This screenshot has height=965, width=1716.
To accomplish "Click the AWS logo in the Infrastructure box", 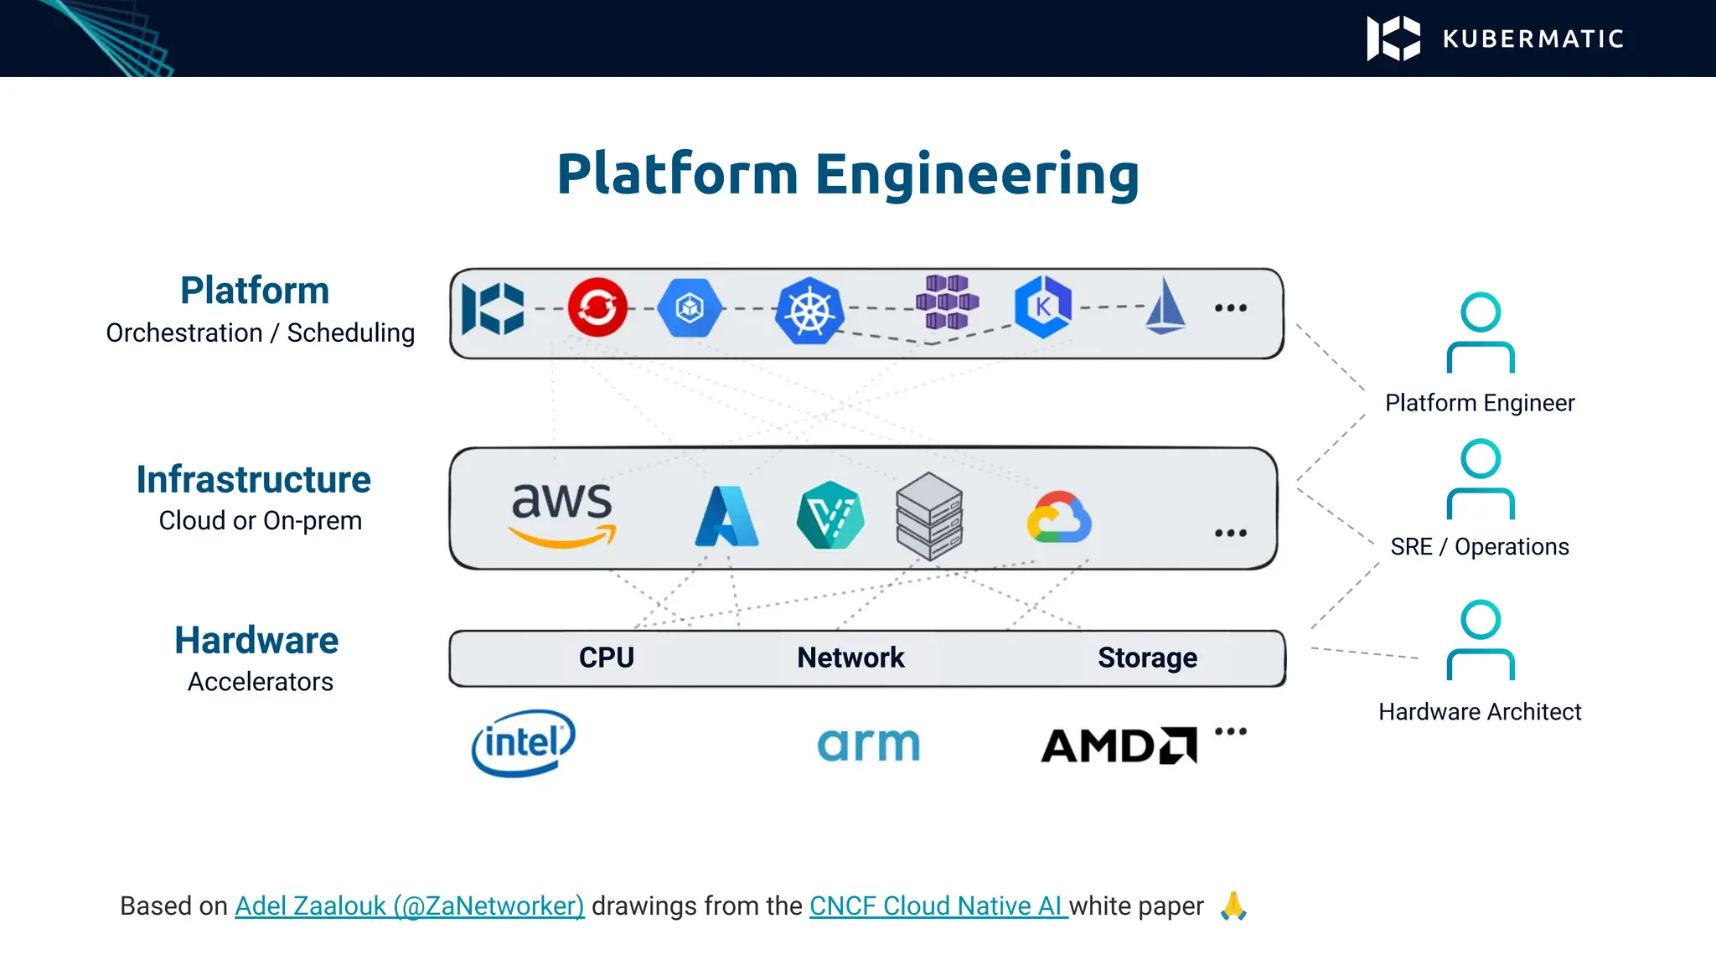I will [x=561, y=513].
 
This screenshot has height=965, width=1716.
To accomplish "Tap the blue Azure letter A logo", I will [x=726, y=517].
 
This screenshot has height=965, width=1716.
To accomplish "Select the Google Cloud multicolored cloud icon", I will [x=1059, y=517].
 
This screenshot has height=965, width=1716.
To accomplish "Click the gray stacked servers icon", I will [x=928, y=516].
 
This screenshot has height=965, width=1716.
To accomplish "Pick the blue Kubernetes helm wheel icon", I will [x=809, y=311].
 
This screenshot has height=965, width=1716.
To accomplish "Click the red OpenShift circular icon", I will [x=597, y=307].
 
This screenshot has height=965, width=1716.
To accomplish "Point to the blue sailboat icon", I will [x=1166, y=307].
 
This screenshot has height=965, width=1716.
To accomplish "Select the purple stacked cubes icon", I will [x=947, y=302].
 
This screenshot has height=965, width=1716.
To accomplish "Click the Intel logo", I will [x=523, y=743].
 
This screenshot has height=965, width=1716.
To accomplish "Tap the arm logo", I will [x=868, y=745].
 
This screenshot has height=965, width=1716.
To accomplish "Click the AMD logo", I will [x=1118, y=746].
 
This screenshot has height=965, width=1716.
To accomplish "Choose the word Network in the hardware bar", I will [x=850, y=658].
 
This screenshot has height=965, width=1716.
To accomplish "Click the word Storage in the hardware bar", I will [x=1147, y=658].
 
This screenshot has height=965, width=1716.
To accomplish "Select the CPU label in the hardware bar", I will [x=607, y=658].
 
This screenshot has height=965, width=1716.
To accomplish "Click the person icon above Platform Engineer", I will [x=1480, y=333].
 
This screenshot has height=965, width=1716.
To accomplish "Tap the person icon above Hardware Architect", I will [x=1480, y=640].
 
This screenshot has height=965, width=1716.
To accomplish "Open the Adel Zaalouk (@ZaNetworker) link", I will [x=409, y=906].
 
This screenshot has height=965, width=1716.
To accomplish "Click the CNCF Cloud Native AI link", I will [x=937, y=906].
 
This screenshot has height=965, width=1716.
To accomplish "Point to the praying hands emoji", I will [x=1233, y=906].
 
